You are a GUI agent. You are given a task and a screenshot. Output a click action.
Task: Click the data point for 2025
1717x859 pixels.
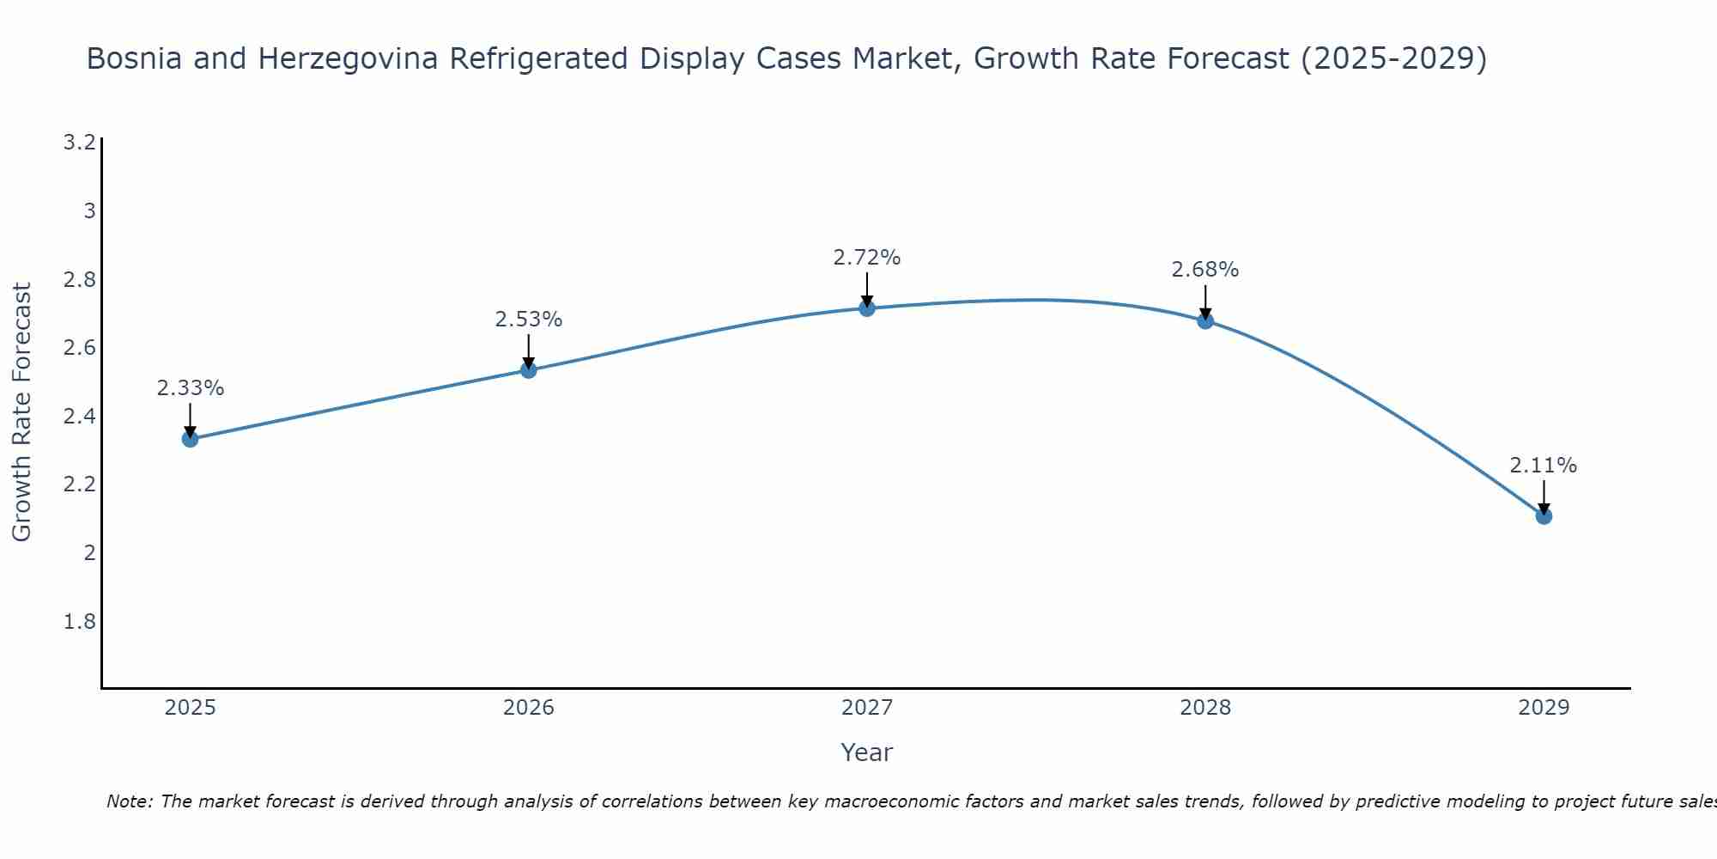point(190,439)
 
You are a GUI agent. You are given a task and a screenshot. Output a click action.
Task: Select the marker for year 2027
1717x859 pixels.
point(867,308)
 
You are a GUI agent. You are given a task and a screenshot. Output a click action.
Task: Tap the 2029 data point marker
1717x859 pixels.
point(1544,515)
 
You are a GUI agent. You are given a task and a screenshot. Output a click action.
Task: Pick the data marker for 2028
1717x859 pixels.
point(1205,320)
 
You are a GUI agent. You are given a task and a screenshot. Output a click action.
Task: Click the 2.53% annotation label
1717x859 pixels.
point(528,320)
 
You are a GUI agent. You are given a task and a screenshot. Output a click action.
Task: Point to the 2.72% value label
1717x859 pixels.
point(867,258)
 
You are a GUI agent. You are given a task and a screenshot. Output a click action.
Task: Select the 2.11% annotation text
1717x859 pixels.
point(1543,466)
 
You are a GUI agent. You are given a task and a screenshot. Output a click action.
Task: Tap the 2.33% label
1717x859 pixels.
point(190,388)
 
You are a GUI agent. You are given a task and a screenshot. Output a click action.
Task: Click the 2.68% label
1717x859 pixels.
point(1204,270)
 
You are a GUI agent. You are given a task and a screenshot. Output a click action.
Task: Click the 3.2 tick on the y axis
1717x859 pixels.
point(79,143)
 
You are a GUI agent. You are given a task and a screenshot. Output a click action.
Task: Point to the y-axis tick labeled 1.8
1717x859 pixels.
point(79,621)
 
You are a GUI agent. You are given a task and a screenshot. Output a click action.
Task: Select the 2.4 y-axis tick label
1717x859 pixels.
point(79,417)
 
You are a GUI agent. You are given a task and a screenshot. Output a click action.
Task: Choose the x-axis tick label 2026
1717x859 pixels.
point(528,708)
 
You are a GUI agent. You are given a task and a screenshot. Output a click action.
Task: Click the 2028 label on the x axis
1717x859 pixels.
point(1204,708)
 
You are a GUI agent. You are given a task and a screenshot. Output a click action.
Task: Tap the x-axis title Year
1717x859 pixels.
point(866,752)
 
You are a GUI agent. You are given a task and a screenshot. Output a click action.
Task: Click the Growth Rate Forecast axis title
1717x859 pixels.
point(22,412)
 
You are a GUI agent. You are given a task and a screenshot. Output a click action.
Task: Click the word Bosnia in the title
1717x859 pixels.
point(135,59)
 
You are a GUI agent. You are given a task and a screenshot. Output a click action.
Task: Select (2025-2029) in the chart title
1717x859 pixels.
point(1394,59)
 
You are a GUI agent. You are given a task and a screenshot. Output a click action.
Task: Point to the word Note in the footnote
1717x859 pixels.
point(129,801)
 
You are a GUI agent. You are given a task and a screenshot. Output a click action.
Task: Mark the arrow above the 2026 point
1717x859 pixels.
point(528,350)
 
